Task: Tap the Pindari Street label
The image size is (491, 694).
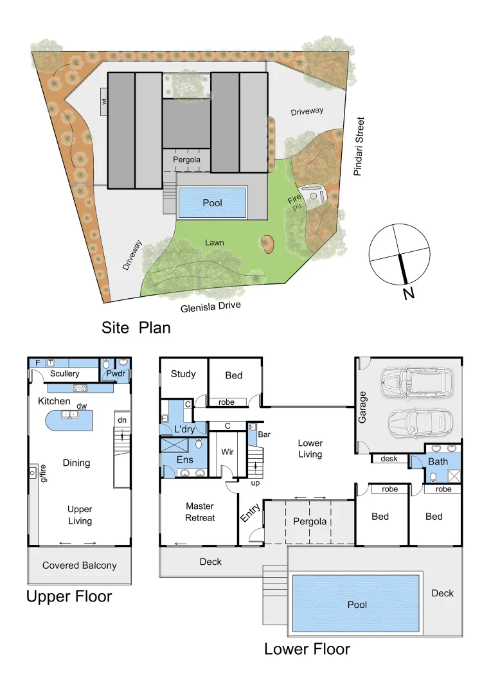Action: click(360, 146)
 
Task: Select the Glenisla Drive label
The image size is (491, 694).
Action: click(211, 308)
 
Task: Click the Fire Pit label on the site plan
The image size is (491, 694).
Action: click(294, 206)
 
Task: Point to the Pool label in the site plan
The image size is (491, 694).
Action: click(212, 202)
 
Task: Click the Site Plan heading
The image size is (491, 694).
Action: click(136, 328)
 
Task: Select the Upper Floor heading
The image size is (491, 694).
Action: click(69, 596)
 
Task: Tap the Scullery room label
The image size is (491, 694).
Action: click(64, 373)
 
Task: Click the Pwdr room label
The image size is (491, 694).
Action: click(116, 373)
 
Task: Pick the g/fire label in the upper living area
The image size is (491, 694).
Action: click(43, 476)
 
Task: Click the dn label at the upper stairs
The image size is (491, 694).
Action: click(121, 420)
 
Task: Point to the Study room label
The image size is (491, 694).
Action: click(183, 374)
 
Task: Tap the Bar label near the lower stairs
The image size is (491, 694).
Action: click(263, 435)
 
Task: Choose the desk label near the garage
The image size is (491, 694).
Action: click(389, 459)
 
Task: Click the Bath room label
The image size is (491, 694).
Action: click(438, 461)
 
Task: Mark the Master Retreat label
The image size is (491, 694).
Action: click(199, 512)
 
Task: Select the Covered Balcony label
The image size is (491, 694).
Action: click(80, 565)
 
